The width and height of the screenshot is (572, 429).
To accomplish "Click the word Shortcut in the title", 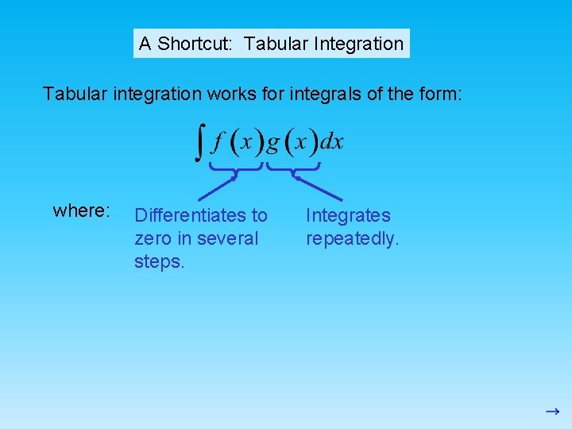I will [195, 44].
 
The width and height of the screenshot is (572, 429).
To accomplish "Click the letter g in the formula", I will [272, 143].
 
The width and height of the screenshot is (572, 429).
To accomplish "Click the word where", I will [80, 211].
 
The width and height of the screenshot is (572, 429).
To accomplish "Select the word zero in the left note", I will [153, 238].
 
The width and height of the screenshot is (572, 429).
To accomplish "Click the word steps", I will [159, 261].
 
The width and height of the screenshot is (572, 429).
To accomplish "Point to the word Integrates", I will [348, 215].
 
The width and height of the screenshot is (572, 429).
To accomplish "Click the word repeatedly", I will [352, 238].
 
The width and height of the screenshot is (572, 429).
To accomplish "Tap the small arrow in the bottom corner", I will [552, 412].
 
